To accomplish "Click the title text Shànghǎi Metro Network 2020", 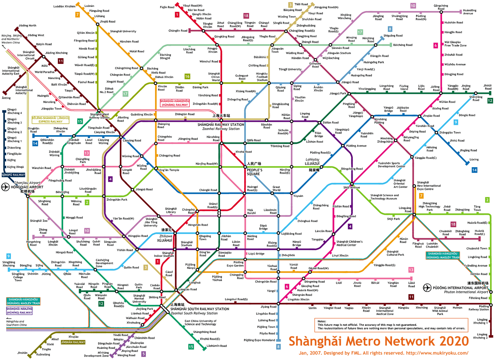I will point(379,341).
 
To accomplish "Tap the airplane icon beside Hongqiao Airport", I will point(5,187).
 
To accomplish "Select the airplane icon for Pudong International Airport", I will point(427,288).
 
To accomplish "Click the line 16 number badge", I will point(187,76).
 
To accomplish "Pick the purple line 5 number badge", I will point(143,354).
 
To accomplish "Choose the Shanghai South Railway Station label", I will point(200,309).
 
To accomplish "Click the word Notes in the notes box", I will point(322,321).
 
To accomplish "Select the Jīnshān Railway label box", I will point(73,342).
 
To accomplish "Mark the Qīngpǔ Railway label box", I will point(13,175).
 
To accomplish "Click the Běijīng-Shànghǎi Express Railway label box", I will point(51,120).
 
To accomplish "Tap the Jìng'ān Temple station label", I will point(169,170).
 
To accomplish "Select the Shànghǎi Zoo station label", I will point(39,221).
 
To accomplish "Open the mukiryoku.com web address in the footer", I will point(437,353).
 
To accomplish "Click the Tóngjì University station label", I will point(290,69).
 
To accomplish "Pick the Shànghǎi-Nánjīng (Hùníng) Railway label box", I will point(19,311).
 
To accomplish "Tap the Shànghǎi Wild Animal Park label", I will point(440,311).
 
